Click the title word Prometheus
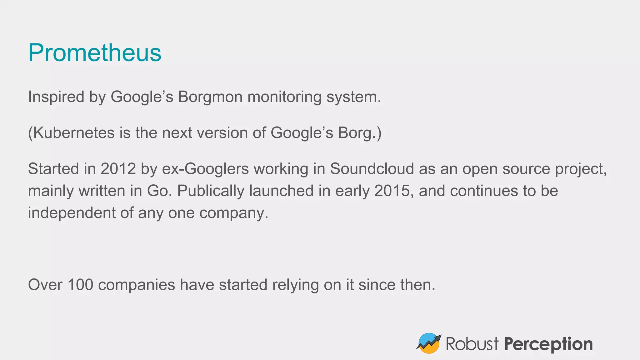[95, 52]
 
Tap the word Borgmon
[210, 97]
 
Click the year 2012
[118, 169]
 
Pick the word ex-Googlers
[205, 169]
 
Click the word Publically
[211, 191]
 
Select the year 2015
[392, 191]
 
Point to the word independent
[72, 213]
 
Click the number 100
[80, 285]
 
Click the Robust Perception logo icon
[429, 343]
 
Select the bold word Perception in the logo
[548, 344]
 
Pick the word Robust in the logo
[472, 344]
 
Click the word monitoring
[284, 97]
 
